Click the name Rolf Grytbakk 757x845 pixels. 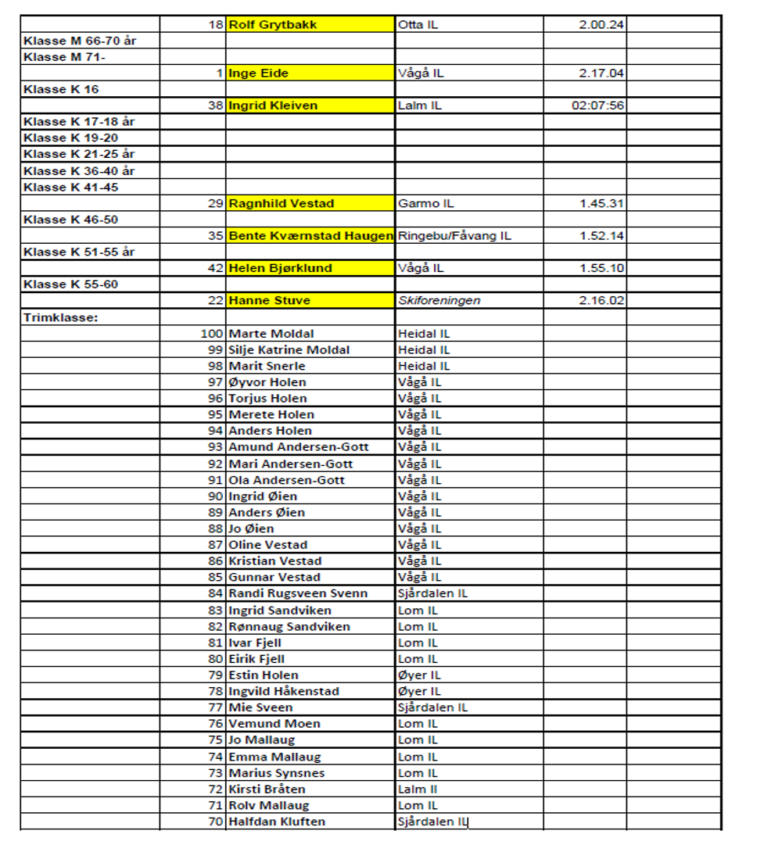pyautogui.click(x=273, y=25)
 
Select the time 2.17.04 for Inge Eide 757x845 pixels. pyautogui.click(x=601, y=73)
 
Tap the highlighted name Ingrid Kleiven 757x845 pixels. pyautogui.click(x=274, y=106)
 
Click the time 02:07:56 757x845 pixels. pyautogui.click(x=597, y=106)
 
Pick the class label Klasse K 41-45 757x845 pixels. pyautogui.click(x=71, y=187)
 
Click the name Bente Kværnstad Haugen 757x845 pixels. pyautogui.click(x=310, y=236)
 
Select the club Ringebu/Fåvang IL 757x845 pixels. pyautogui.click(x=454, y=236)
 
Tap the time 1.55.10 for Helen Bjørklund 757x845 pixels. pyautogui.click(x=601, y=268)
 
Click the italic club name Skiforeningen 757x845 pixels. pyautogui.click(x=439, y=300)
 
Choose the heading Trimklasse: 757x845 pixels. pyautogui.click(x=60, y=317)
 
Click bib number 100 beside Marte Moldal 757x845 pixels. pyautogui.click(x=212, y=334)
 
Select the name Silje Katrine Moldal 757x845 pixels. pyautogui.click(x=289, y=350)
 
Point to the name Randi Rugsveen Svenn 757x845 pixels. pyautogui.click(x=297, y=593)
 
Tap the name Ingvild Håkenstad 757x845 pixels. pyautogui.click(x=283, y=691)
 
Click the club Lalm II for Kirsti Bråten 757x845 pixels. pyautogui.click(x=418, y=789)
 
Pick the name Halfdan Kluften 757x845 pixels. pyautogui.click(x=276, y=822)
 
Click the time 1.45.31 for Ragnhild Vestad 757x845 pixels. pyautogui.click(x=601, y=203)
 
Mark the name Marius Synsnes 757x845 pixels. pyautogui.click(x=276, y=773)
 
